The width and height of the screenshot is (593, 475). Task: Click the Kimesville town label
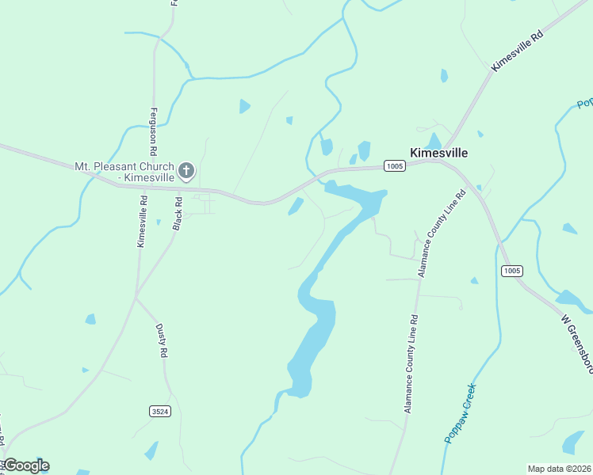[438, 153]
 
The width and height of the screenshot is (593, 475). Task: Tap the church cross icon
[186, 170]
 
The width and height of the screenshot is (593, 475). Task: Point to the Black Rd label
[178, 215]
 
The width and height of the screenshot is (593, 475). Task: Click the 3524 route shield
[159, 411]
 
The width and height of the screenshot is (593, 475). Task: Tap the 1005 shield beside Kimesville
[394, 165]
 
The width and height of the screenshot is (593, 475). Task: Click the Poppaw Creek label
[460, 412]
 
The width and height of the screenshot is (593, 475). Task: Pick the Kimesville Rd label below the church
[143, 222]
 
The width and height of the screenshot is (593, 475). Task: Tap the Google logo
[26, 465]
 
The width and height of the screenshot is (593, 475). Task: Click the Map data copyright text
[560, 469]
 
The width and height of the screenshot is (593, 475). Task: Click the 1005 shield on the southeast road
[511, 271]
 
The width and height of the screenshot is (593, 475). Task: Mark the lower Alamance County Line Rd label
[411, 363]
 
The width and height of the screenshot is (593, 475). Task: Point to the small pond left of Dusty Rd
[90, 319]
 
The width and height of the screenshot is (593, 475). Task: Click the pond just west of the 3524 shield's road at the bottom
[151, 451]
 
